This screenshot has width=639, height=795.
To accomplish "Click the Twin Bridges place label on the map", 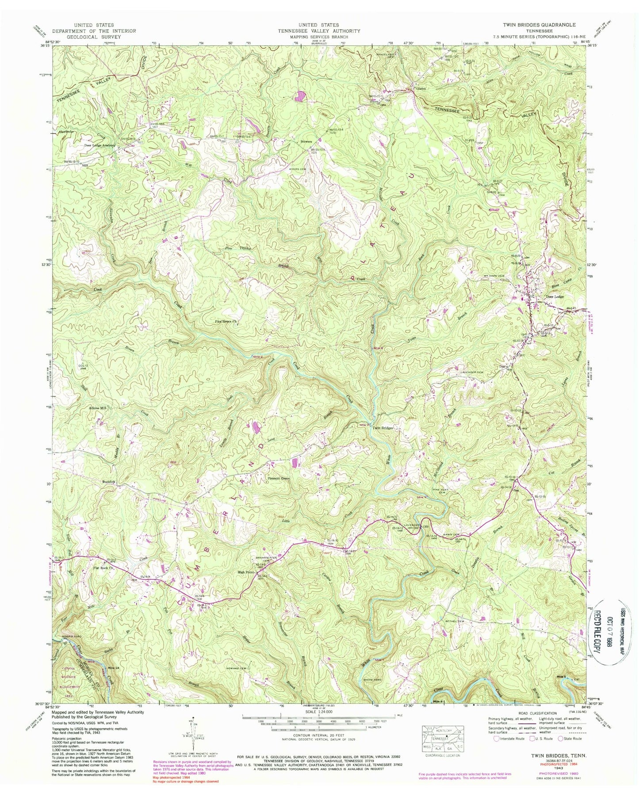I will pyautogui.click(x=383, y=428).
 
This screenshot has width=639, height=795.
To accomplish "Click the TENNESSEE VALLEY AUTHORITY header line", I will pyautogui.click(x=318, y=31).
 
